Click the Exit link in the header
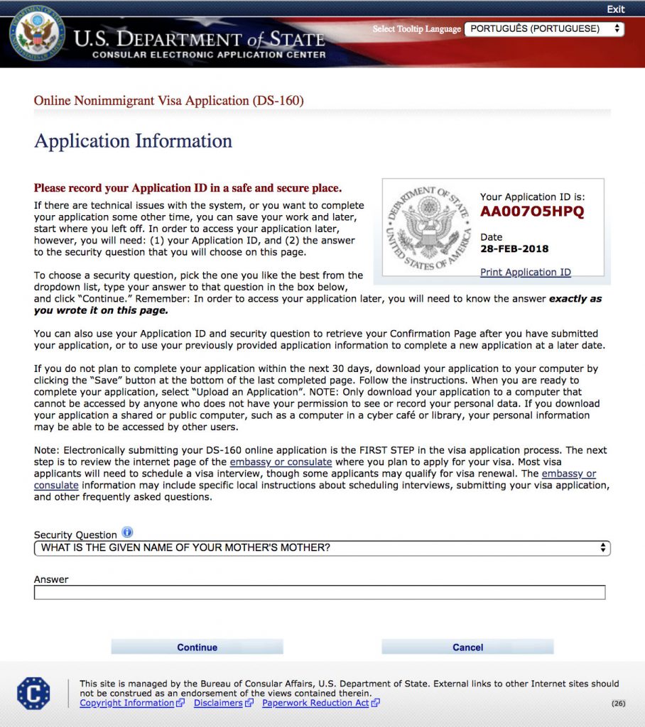coord(615,9)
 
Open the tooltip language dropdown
coord(544,29)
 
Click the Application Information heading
coord(133,141)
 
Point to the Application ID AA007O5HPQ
coord(532,212)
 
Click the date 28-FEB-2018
coord(514,248)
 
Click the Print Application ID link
coord(525,272)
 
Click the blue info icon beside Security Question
coord(127,532)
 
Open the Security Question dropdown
coord(322,548)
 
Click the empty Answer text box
coord(320,592)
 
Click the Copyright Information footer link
coord(127,703)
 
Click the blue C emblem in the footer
coord(33,693)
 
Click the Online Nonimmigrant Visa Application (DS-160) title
coord(169,101)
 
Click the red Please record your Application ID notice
coord(188,188)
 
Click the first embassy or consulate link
coord(281,461)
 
